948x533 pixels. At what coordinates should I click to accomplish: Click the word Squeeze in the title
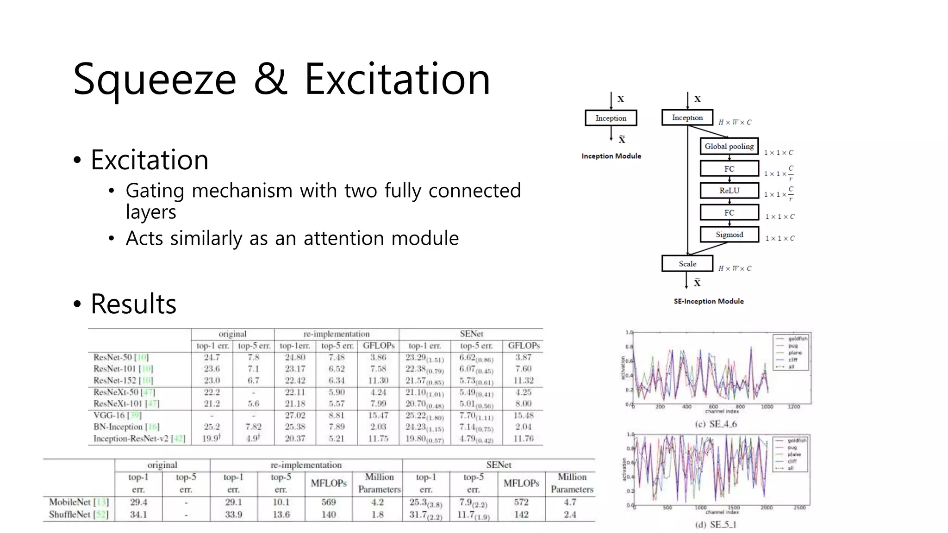[155, 80]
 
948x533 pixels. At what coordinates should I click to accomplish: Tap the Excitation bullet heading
[149, 160]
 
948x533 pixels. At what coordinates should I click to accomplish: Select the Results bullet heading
[133, 304]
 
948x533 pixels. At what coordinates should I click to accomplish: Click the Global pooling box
[729, 146]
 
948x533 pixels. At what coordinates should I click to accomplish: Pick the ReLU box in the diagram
[729, 191]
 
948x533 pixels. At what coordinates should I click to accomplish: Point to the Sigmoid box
[729, 235]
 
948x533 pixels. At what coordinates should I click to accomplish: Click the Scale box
[687, 264]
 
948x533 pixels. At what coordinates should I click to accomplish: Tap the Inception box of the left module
[611, 118]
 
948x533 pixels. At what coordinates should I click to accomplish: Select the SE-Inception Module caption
[708, 301]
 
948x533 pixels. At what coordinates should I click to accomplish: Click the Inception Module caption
[611, 156]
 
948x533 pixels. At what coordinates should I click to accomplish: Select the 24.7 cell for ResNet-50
[212, 357]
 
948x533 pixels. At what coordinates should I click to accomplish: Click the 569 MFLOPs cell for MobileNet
[329, 502]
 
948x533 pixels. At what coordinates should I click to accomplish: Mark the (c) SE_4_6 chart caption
[716, 424]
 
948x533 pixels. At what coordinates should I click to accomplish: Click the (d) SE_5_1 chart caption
[716, 525]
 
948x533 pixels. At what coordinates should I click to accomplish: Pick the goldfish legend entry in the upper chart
[797, 339]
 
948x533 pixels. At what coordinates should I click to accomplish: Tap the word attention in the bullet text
[347, 239]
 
